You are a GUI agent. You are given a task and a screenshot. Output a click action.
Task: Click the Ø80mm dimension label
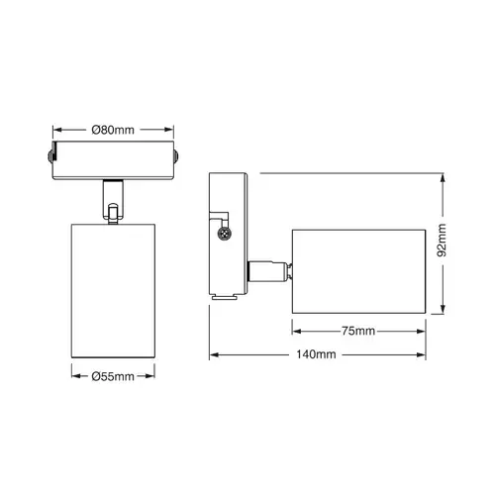click(113, 129)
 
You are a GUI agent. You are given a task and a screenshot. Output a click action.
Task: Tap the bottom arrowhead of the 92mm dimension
click(442, 311)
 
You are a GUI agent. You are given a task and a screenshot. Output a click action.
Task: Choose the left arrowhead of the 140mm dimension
click(212, 354)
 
